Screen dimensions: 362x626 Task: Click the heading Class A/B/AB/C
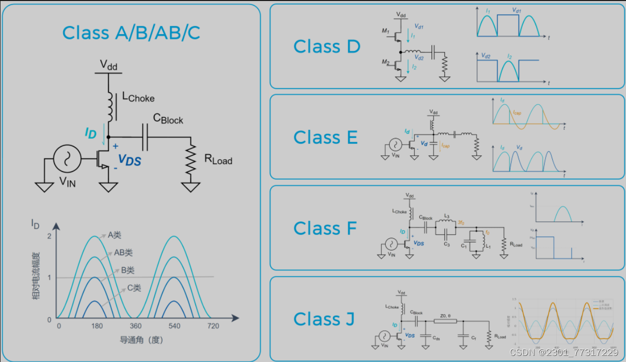tap(131, 33)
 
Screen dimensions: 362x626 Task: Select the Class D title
tap(327, 47)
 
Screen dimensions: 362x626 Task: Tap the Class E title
tap(325, 137)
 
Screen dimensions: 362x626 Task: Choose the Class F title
tap(325, 229)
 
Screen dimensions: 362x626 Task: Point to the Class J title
tap(324, 319)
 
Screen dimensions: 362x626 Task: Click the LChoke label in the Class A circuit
tap(138, 97)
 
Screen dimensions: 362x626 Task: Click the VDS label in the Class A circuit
tap(129, 161)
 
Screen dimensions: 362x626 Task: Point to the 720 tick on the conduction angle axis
tap(213, 326)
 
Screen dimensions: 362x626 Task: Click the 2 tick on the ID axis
tap(49, 236)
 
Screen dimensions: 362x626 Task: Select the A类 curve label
tap(115, 235)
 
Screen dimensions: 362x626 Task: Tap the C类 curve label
tap(134, 288)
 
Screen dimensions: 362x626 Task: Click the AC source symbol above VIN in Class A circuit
tap(67, 158)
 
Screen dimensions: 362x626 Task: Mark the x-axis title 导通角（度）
tap(141, 340)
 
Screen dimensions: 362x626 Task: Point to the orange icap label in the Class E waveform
tap(517, 112)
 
